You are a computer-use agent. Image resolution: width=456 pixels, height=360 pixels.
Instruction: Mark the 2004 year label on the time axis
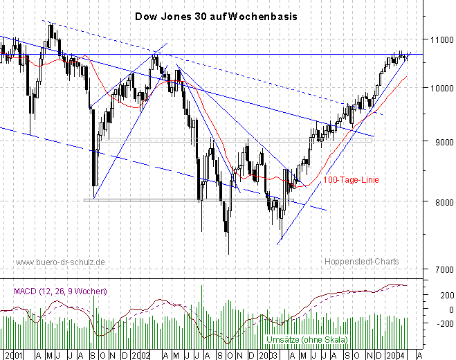tap(395, 354)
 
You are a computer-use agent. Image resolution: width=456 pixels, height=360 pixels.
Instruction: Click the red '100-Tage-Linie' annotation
tap(352, 180)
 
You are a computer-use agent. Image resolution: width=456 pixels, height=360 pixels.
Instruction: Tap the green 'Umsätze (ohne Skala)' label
tap(307, 340)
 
